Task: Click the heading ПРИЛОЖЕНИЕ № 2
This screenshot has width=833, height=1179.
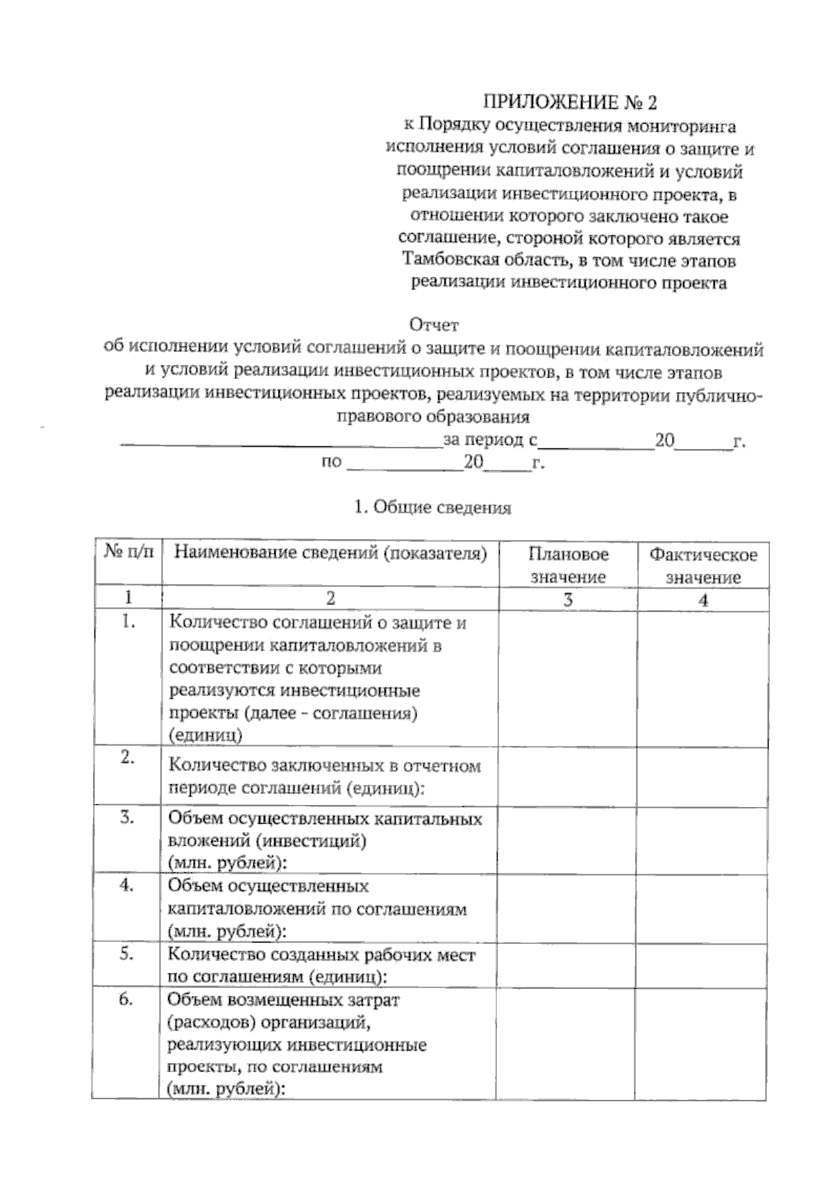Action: coord(569,103)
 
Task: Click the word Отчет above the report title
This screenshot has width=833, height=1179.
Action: coord(435,325)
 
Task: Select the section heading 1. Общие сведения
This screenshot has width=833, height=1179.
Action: coord(432,508)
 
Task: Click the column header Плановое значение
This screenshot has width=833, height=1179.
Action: coord(568,566)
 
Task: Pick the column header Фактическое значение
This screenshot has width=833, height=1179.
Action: coord(702,566)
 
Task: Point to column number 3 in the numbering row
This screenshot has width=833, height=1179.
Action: coord(568,600)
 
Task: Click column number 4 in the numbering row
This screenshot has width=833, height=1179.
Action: coord(702,601)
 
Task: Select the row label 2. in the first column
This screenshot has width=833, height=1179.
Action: coord(127,758)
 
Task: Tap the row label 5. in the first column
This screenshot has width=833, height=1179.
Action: coord(126,954)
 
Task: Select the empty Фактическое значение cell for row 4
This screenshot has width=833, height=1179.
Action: coord(702,906)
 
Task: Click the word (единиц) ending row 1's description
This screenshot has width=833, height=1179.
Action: coord(205,736)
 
